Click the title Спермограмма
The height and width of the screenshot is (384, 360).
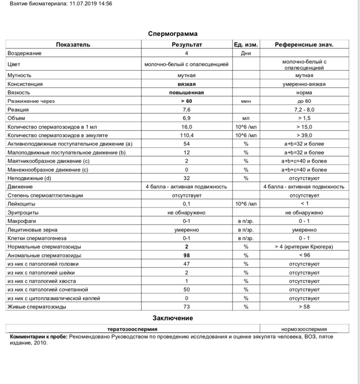[173, 34]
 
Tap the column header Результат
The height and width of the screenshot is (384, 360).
[186, 44]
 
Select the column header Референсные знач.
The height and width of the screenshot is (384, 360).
[304, 44]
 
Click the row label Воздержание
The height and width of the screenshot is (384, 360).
[24, 53]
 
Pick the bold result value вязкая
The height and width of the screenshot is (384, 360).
[186, 84]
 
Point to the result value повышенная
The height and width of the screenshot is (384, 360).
[186, 92]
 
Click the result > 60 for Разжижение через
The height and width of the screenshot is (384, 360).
[186, 101]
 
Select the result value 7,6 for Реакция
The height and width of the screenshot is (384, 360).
[186, 110]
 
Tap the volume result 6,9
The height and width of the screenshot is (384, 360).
[186, 118]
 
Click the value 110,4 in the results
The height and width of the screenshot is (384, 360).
[186, 135]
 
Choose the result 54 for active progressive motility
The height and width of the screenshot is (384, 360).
[186, 144]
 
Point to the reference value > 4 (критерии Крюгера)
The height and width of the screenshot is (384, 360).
[304, 247]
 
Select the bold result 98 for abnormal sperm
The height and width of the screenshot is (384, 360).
[186, 255]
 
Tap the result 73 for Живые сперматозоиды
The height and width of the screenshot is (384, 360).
[186, 307]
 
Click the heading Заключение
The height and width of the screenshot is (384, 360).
[173, 318]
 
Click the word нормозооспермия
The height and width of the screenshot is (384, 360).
[304, 329]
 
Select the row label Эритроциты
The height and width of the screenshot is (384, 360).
[23, 212]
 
